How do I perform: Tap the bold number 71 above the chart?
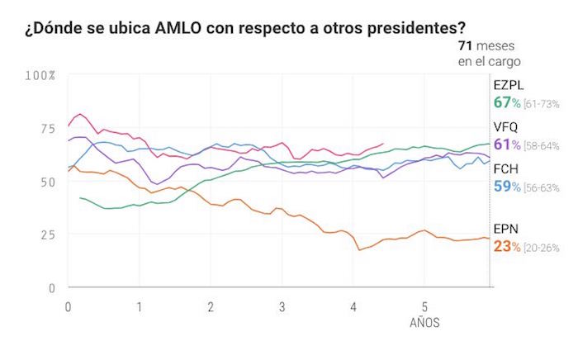point(466,45)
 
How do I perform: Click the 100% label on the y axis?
point(40,75)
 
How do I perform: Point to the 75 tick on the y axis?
point(45,128)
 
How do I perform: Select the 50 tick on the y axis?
point(45,181)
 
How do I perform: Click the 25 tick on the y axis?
point(45,234)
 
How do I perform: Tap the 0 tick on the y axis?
point(50,287)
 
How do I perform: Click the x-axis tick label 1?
point(140,306)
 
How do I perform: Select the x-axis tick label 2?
point(211,306)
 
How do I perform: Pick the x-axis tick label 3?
point(282,306)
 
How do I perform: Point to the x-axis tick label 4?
point(353,306)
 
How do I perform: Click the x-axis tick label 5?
point(424,306)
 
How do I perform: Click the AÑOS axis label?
point(424,323)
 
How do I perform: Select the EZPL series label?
point(509,85)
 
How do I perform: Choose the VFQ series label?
point(507,127)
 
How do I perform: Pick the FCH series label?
point(506,169)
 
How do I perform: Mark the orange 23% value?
point(506,246)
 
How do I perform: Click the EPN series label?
point(506,229)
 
